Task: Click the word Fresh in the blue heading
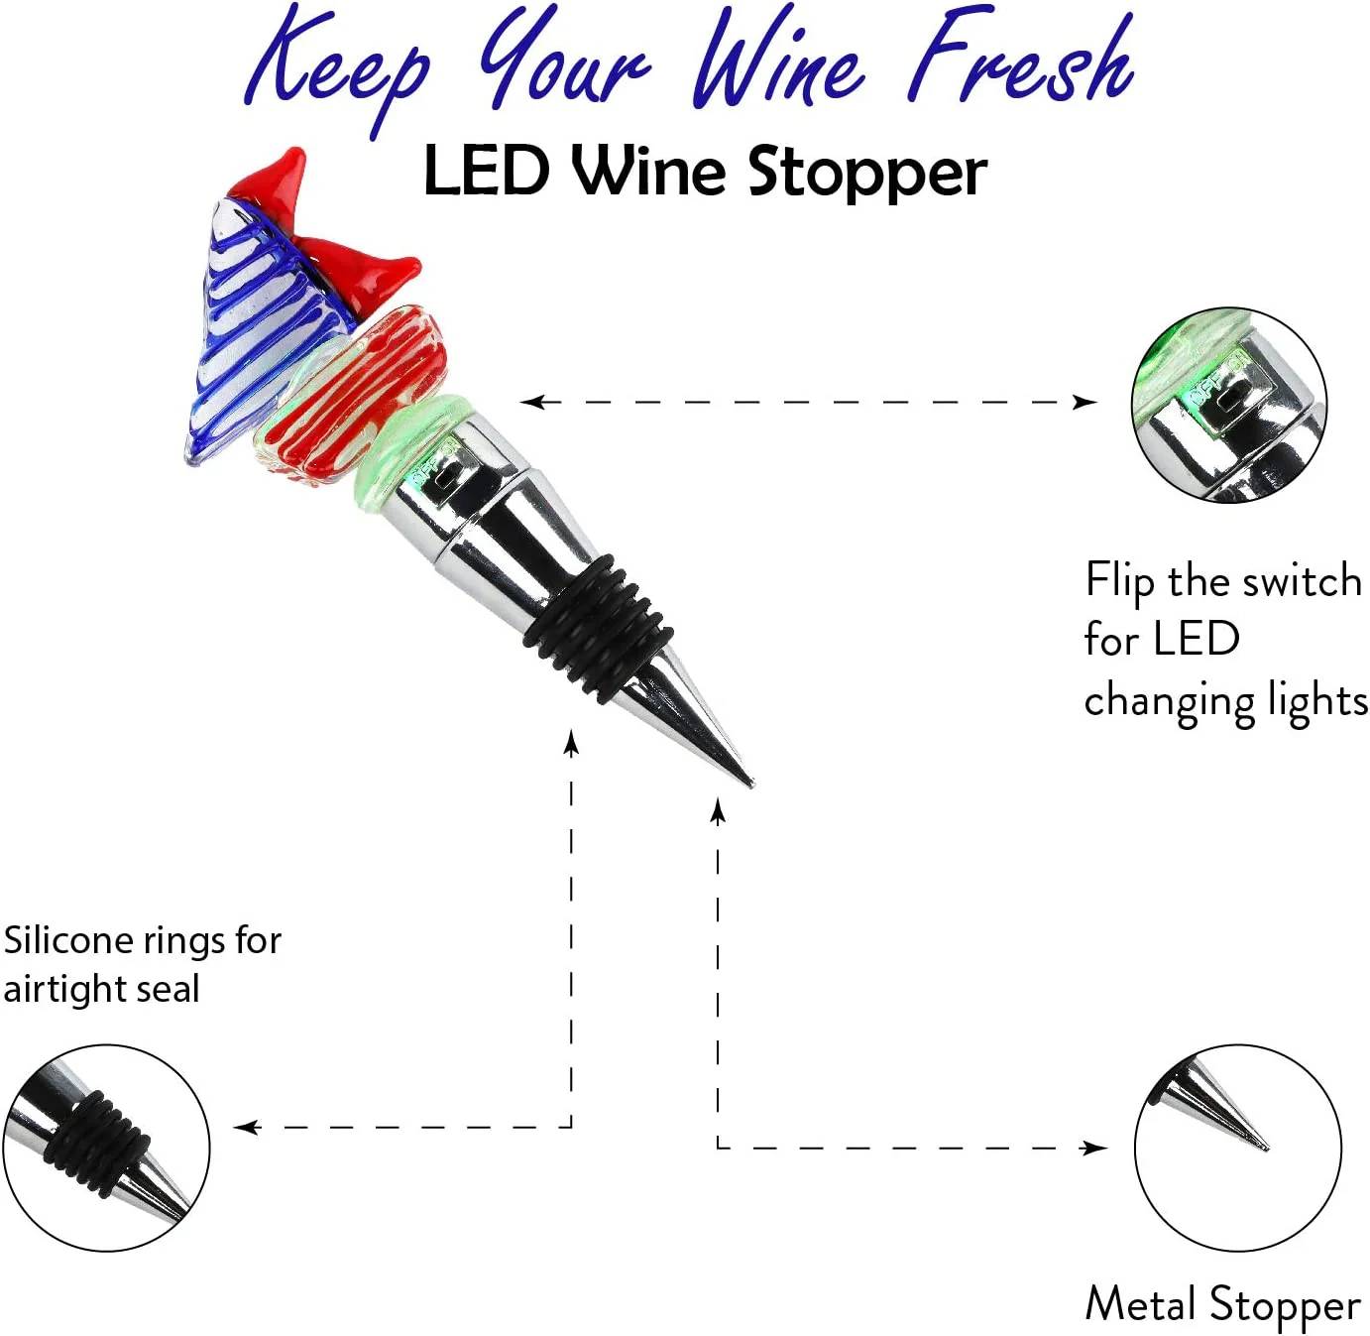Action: point(1021,60)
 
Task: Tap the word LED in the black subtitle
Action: point(487,172)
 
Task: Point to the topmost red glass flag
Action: point(271,177)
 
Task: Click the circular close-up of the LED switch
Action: point(1228,405)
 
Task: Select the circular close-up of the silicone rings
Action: point(106,1148)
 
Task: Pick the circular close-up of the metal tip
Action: point(1237,1148)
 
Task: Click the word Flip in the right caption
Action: point(1119,582)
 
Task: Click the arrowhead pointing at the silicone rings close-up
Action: point(247,1128)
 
